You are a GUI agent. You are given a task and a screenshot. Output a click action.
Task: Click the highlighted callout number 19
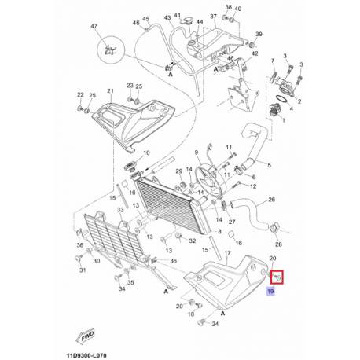(x=270, y=292)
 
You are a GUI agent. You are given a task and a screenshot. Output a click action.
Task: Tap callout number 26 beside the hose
(x=274, y=200)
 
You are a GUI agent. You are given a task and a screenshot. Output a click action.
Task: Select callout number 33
(x=120, y=210)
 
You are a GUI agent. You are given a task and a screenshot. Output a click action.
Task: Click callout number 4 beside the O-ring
(x=293, y=109)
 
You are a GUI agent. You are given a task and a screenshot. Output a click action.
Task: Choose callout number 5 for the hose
(x=269, y=164)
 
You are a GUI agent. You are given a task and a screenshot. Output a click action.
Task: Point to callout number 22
(x=79, y=95)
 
